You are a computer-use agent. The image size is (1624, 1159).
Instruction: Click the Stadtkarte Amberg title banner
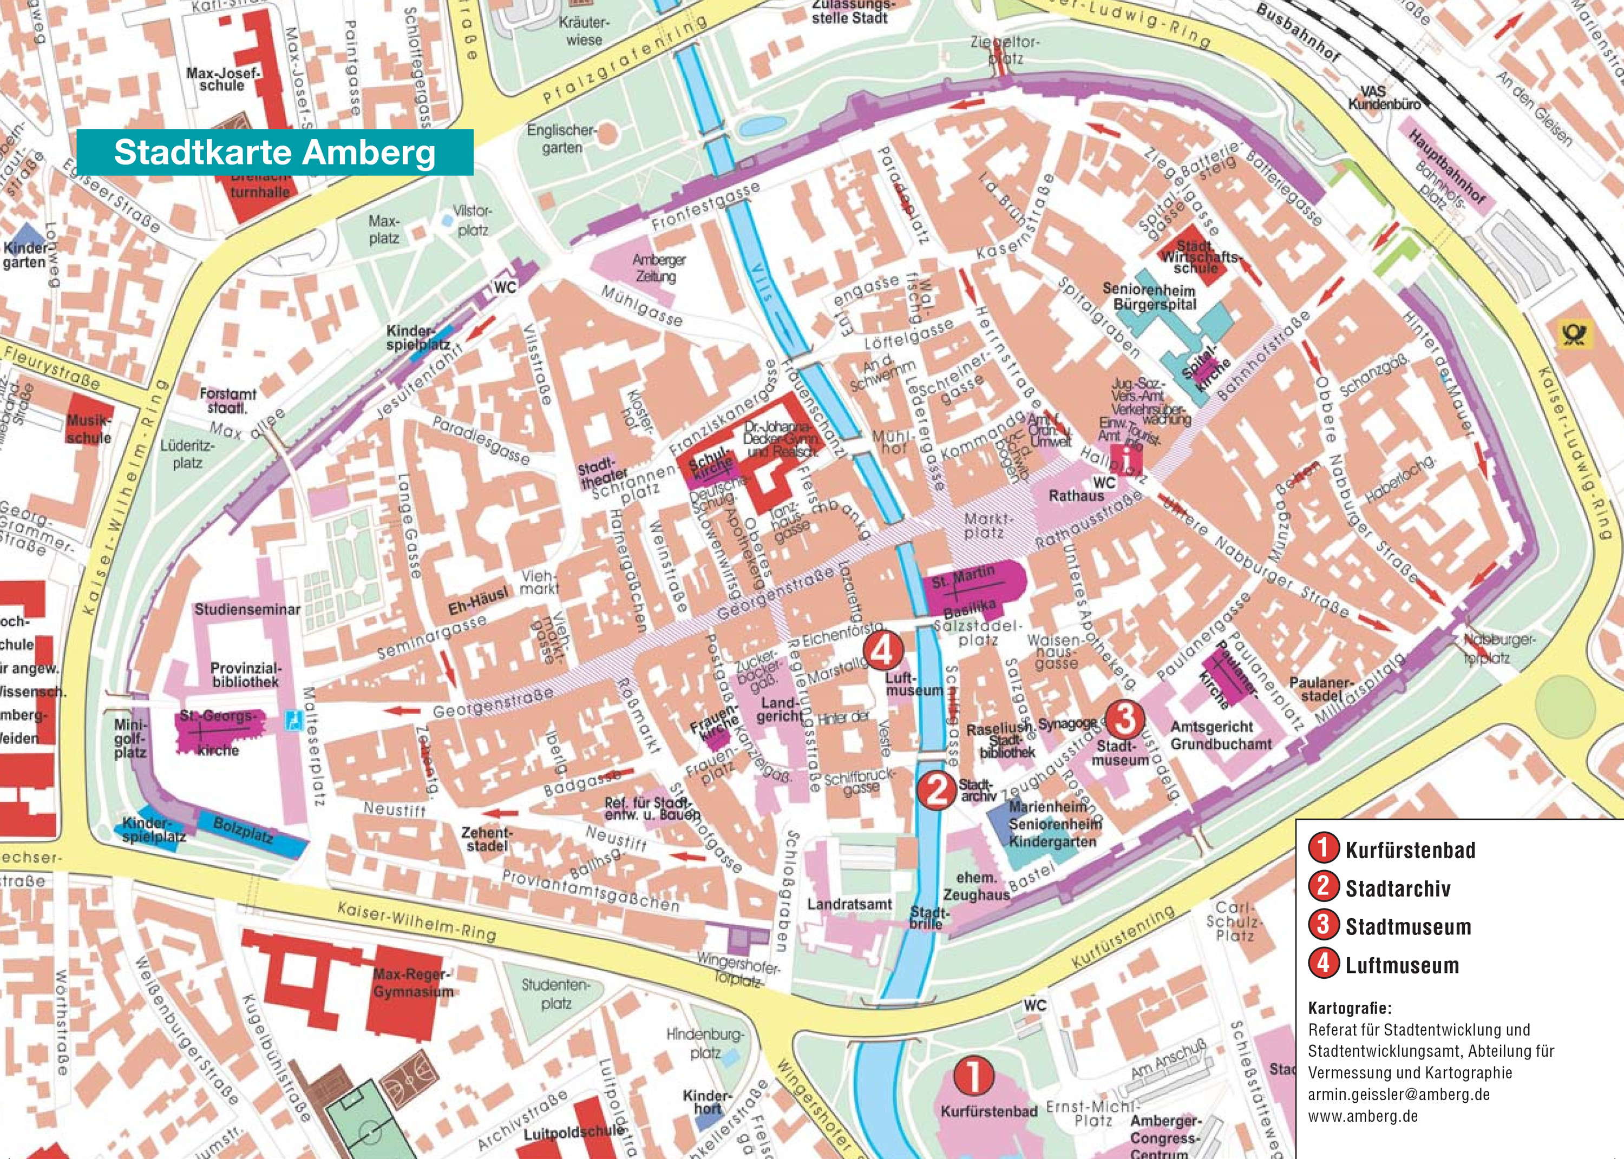click(275, 152)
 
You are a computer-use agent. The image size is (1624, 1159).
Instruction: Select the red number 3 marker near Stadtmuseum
click(1125, 719)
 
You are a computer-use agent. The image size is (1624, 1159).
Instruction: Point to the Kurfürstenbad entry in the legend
click(1409, 851)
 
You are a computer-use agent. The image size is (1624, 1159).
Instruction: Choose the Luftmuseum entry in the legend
click(1402, 966)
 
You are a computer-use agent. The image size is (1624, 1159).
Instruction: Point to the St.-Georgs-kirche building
click(219, 731)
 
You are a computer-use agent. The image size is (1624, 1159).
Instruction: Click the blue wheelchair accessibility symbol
click(292, 716)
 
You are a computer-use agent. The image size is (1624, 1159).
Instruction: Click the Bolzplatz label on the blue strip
click(244, 831)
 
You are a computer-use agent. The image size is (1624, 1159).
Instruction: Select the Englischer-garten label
click(562, 139)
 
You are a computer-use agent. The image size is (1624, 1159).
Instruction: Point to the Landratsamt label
click(849, 905)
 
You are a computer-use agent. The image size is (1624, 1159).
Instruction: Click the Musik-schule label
click(89, 429)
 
